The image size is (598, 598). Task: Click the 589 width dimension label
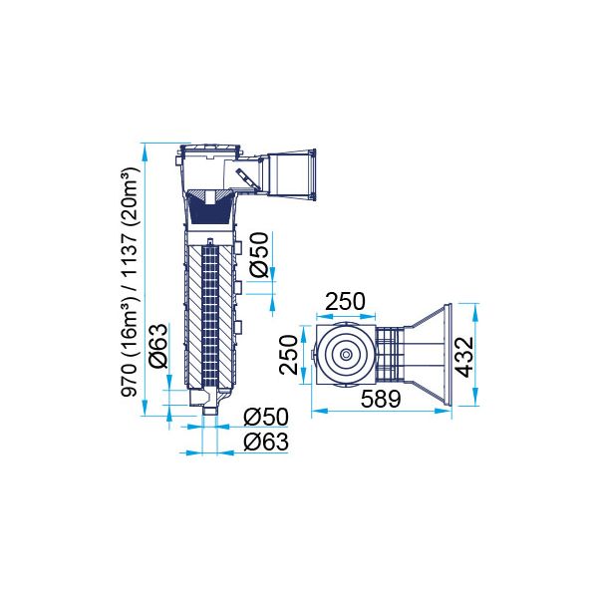381,399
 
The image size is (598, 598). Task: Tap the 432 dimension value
464,357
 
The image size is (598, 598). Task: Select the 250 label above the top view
345,301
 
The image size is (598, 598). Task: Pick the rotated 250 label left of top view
288,355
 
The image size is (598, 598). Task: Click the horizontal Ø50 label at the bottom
266,417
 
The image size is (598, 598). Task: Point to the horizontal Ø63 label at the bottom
266,442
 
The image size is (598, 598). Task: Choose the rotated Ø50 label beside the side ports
259,255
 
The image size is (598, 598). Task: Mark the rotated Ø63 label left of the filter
158,346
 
